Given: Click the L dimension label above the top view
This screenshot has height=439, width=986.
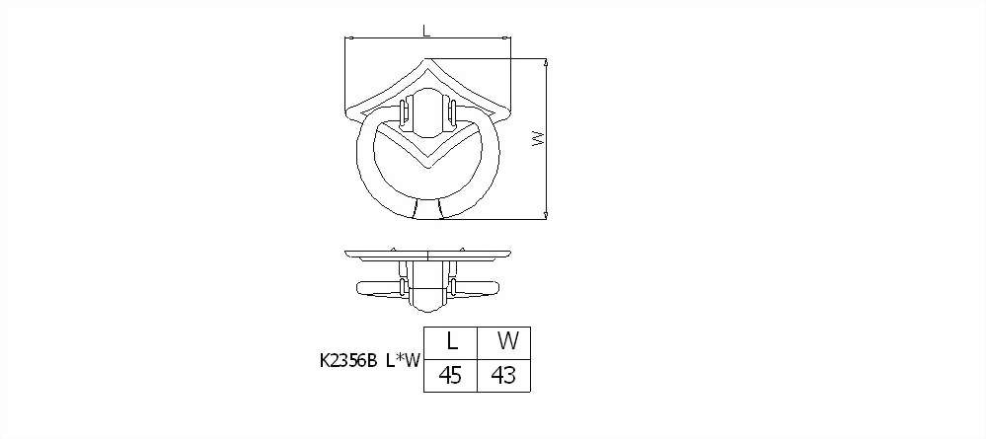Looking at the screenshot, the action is click(x=427, y=31).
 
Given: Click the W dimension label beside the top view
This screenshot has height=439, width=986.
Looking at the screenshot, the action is click(x=538, y=138).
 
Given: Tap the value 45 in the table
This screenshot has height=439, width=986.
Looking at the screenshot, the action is click(x=450, y=376).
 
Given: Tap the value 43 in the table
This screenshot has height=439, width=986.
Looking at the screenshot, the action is click(x=504, y=376).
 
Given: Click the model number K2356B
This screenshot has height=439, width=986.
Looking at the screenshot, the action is click(x=347, y=360).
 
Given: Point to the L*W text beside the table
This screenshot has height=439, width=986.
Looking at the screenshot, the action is click(x=403, y=360).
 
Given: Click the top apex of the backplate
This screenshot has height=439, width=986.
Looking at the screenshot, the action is click(x=427, y=58).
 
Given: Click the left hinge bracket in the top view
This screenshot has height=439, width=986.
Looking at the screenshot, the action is click(x=405, y=113).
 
